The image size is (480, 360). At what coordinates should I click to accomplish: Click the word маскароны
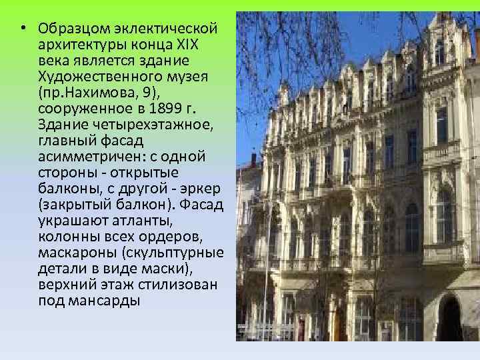tap(78, 252)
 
